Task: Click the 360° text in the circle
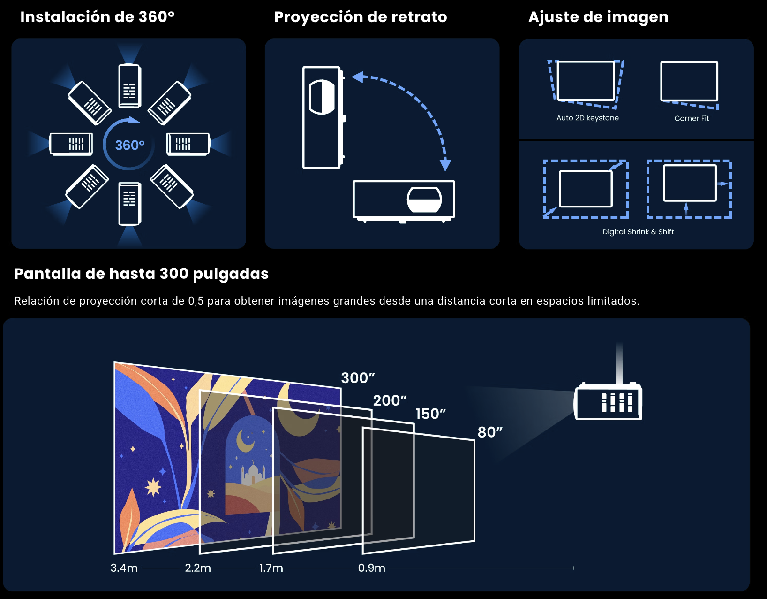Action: [130, 145]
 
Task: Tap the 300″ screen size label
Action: [358, 378]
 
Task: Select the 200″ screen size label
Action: [390, 400]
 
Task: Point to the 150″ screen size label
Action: [431, 414]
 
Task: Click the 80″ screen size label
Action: [490, 432]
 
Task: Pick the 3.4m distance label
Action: [124, 568]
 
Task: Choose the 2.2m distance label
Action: [198, 568]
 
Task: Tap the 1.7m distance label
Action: [271, 568]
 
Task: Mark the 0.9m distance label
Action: [371, 568]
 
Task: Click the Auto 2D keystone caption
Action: [588, 118]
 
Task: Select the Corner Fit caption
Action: [692, 118]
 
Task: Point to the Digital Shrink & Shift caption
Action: [638, 232]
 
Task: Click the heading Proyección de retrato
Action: [361, 17]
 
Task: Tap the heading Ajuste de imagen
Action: [598, 17]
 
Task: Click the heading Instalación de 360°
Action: [98, 17]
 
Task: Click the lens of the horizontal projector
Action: [424, 200]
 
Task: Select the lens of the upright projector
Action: [322, 97]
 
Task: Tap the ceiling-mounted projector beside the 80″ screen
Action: [608, 401]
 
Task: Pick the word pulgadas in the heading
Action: [231, 274]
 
